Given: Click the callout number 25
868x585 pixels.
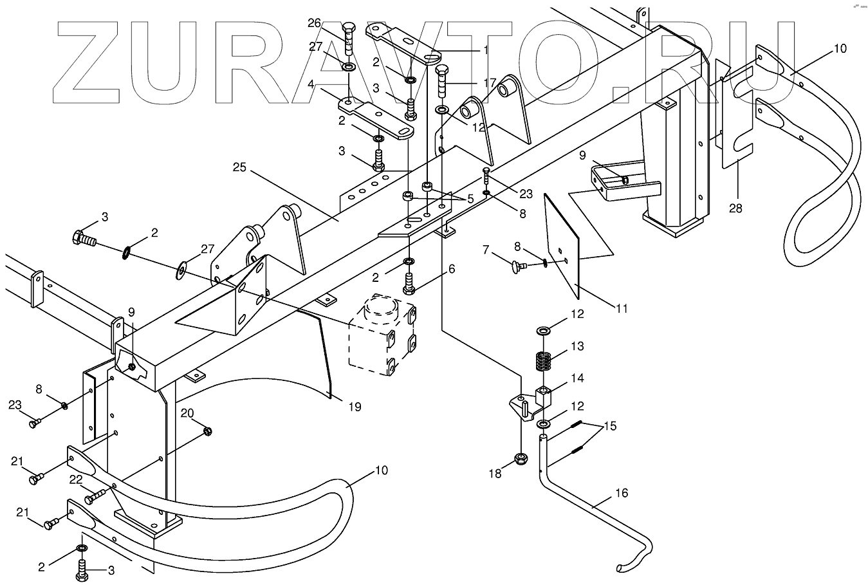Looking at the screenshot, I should pyautogui.click(x=239, y=168).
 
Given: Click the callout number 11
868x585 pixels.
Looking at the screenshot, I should pyautogui.click(x=621, y=308).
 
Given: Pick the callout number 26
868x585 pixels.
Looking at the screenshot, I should pyautogui.click(x=314, y=24).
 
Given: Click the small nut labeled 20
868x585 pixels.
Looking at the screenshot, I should pyautogui.click(x=207, y=431).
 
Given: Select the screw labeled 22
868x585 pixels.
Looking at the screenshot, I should pyautogui.click(x=93, y=496).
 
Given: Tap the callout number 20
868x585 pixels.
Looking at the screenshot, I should pyautogui.click(x=187, y=413).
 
